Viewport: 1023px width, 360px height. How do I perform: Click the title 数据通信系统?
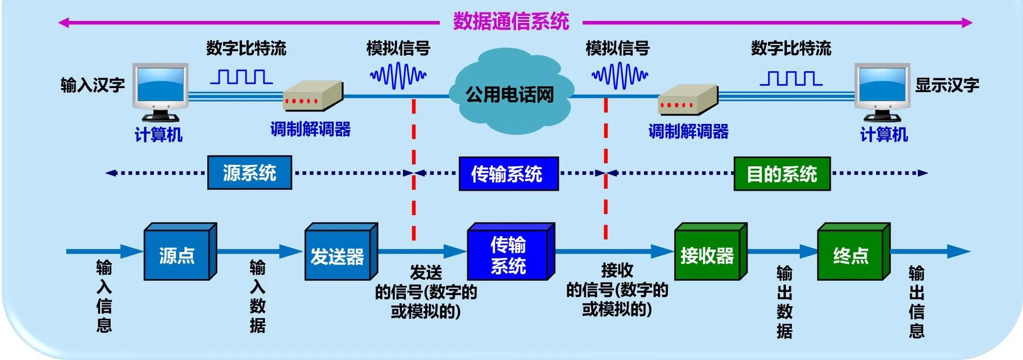(511, 21)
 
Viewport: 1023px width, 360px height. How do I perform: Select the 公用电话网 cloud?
(510, 93)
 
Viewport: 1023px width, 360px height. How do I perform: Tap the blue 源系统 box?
(250, 173)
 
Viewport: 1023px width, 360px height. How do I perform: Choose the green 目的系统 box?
(782, 174)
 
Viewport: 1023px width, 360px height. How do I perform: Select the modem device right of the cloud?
(688, 100)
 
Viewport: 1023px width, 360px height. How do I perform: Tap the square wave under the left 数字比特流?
(242, 77)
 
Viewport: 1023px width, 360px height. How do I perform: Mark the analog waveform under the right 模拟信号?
(620, 76)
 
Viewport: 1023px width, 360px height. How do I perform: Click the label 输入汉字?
(93, 85)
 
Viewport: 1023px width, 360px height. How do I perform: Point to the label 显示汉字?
(947, 85)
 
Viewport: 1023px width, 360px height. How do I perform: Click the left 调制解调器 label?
(310, 129)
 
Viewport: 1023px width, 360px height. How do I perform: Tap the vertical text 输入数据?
(257, 296)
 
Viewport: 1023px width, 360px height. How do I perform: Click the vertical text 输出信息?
(916, 302)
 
